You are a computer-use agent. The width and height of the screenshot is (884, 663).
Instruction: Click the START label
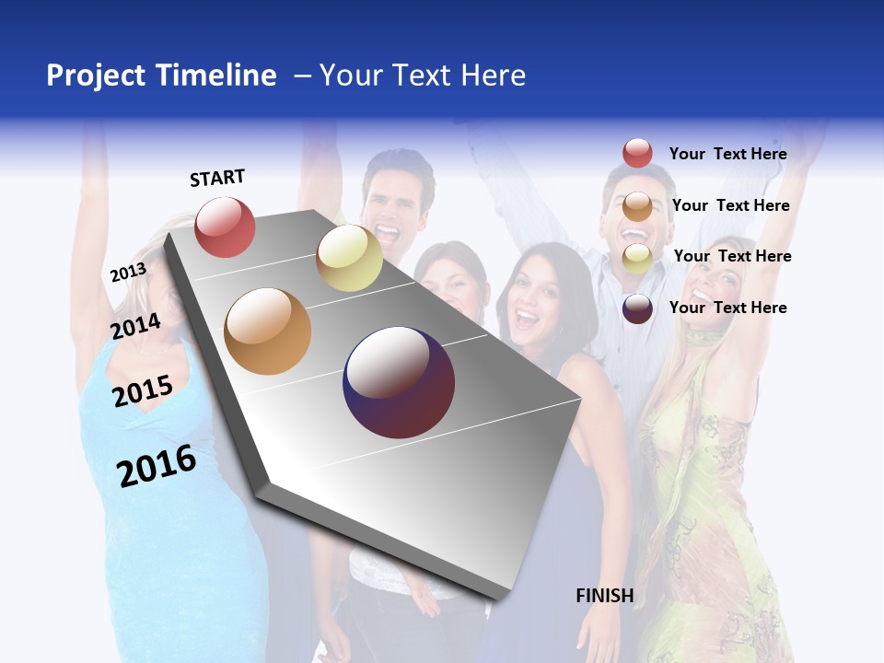[217, 178]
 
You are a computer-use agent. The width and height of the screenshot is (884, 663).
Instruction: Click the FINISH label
[605, 596]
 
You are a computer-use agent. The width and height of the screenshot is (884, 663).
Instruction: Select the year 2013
[128, 273]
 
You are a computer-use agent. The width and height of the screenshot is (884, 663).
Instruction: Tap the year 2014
[136, 326]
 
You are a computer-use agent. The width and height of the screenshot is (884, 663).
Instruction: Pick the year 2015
[143, 391]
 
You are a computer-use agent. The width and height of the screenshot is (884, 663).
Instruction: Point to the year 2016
[157, 466]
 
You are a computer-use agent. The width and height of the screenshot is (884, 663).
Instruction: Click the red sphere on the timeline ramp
[225, 227]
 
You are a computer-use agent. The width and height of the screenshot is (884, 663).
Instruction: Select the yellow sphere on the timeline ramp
[349, 258]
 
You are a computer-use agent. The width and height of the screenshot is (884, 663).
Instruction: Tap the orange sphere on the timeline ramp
[268, 331]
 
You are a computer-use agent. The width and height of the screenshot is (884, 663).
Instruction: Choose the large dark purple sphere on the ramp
[399, 382]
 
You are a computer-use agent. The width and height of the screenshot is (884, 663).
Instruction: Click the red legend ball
[637, 154]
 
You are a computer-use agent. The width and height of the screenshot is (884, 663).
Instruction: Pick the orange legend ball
[637, 206]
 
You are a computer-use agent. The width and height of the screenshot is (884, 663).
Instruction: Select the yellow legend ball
[637, 258]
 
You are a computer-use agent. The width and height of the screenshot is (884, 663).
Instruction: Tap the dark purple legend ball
[637, 308]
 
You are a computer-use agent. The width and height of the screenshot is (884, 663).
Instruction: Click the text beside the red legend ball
[727, 154]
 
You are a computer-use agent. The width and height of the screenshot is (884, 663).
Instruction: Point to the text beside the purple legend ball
[727, 308]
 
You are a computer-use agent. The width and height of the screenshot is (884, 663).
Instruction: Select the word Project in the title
[98, 76]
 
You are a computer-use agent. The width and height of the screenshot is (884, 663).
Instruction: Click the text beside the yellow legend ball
[732, 256]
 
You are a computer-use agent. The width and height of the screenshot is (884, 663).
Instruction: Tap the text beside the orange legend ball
[730, 205]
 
